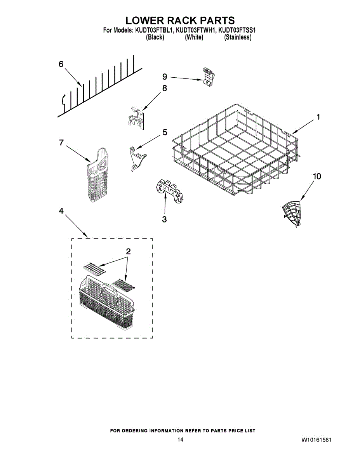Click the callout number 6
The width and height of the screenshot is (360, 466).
coord(61,65)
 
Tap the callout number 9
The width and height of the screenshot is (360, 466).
coord(165,77)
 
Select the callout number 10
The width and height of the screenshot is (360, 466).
coord(317,177)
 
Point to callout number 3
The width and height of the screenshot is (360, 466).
coord(164,219)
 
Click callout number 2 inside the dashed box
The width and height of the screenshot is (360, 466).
coord(128,251)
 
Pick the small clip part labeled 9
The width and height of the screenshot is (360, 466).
coord(208,77)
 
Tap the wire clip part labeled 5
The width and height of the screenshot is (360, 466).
coord(137,158)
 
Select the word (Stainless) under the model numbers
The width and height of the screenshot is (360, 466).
coord(238,38)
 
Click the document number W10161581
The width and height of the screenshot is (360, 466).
coord(316,440)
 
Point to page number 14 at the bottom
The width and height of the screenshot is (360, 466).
coord(180,440)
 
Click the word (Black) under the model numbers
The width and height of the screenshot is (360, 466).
coord(155,38)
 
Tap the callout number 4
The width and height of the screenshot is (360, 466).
coord(61,210)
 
